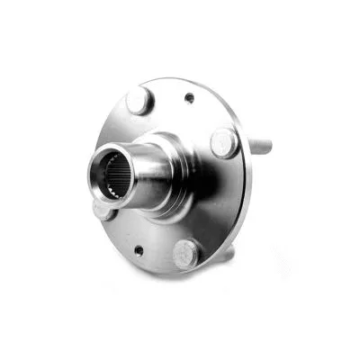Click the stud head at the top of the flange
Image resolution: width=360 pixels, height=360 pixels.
coord(139,99)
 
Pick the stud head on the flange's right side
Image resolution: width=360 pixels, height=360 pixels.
coord(223,141)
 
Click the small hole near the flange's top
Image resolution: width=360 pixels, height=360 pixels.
coord(190,98)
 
